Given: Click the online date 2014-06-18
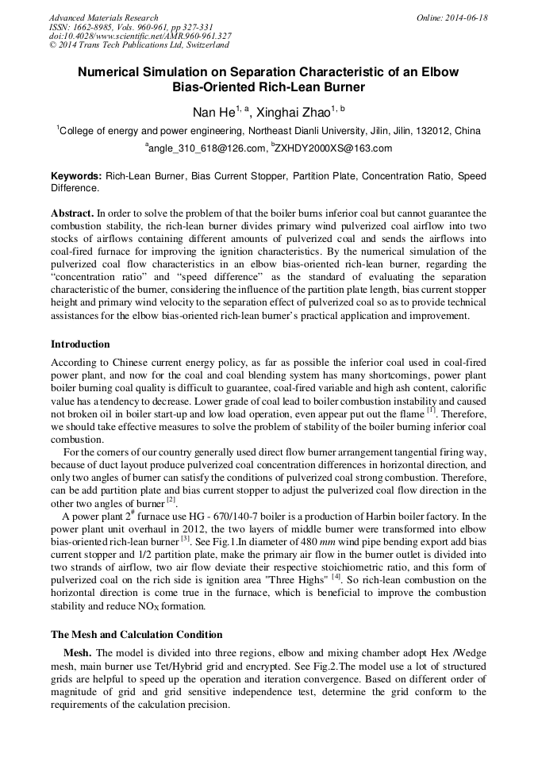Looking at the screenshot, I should (465, 17).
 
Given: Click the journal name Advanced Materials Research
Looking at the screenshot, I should (103, 17).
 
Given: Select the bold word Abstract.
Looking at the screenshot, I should (72, 214).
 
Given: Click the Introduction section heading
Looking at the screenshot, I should (80, 344).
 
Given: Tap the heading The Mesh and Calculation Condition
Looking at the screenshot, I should (136, 634).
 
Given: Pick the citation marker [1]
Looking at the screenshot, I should (431, 411).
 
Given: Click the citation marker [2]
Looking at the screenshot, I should (171, 502).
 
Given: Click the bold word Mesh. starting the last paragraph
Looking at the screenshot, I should (78, 652).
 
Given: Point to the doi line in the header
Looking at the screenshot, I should (140, 36).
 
